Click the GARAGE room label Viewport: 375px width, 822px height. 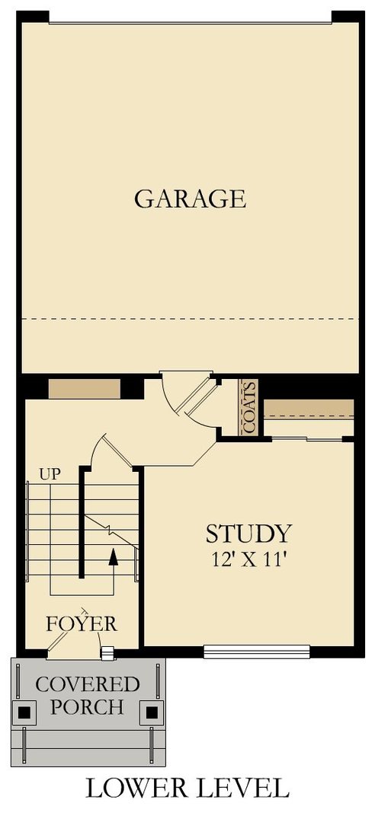190,199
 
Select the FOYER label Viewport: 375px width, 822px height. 82,624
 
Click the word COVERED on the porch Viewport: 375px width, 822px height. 88,683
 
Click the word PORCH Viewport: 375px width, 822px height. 88,707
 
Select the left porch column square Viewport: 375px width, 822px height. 26,712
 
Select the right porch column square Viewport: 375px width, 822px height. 152,712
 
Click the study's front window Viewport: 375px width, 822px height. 257,651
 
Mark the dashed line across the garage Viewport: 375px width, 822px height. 190,317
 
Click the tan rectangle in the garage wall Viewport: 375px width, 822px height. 84,388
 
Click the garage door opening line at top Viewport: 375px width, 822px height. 190,22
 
